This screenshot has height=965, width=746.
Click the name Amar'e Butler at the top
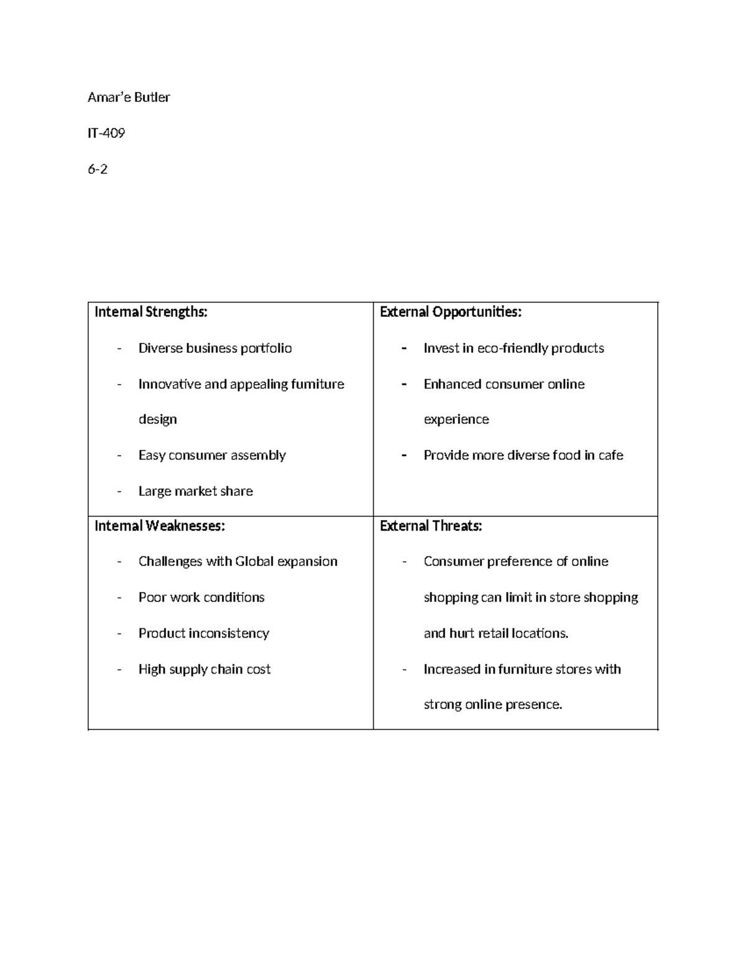pos(129,97)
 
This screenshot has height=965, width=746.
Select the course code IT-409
pos(106,133)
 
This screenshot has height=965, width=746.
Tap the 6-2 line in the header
pos(98,169)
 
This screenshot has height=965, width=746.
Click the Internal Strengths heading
pos(150,312)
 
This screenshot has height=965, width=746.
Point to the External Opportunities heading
pos(450,312)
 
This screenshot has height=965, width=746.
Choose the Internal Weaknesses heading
pos(159,526)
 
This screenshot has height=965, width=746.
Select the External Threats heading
pos(431,526)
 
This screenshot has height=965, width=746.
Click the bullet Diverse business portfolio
pos(215,348)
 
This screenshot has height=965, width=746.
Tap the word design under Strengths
pos(157,419)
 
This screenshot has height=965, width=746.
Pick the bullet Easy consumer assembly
pos(212,455)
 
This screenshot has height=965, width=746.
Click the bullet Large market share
pos(195,492)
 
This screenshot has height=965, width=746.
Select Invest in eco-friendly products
pos(513,348)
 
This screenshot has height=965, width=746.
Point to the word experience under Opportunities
pos(456,419)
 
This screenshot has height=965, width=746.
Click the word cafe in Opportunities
pos(610,455)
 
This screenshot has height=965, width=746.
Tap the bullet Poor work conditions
pos(201,598)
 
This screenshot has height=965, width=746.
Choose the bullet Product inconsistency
pos(203,633)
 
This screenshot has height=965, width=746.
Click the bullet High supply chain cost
pos(205,669)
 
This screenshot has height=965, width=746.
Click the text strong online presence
pos(492,705)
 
